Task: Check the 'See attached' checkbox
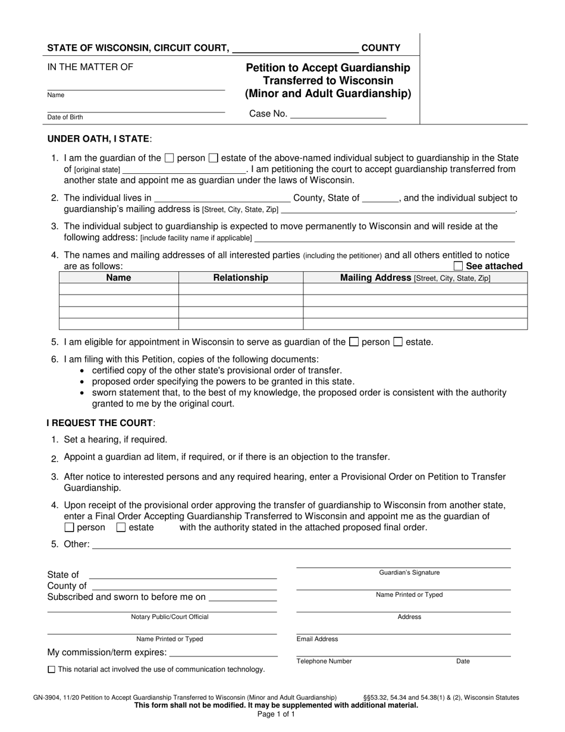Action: (x=459, y=266)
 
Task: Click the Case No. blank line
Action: (x=337, y=114)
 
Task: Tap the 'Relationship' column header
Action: (x=241, y=277)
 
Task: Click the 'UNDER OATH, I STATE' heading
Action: (x=99, y=139)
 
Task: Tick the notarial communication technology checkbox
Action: (x=51, y=670)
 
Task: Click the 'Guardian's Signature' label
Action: (x=409, y=573)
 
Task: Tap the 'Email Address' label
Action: (x=317, y=639)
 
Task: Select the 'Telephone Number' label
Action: (x=324, y=661)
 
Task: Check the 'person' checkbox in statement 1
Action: (x=169, y=158)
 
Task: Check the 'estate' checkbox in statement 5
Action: (x=398, y=342)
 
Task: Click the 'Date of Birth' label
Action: (x=65, y=117)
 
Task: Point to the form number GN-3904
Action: (x=49, y=697)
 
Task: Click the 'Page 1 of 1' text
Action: (x=276, y=714)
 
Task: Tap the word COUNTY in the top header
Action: (x=381, y=48)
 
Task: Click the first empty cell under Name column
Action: (x=118, y=289)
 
